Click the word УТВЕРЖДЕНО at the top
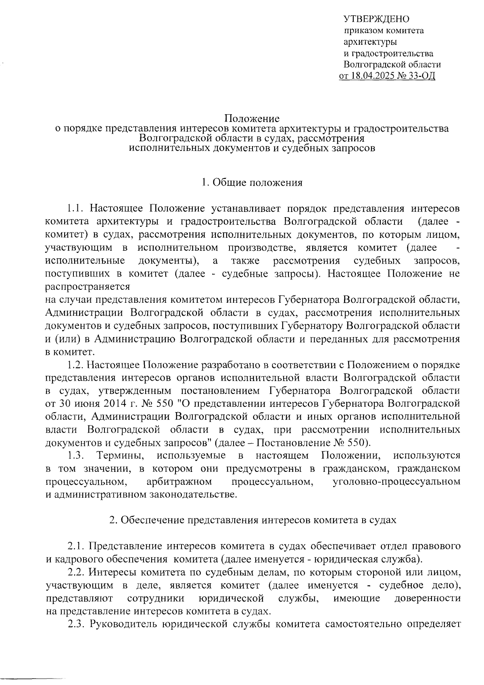tap(376, 19)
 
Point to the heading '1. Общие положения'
tap(252, 183)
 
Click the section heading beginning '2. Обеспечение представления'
tap(253, 520)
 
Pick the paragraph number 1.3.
tap(75, 456)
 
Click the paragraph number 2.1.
tap(75, 547)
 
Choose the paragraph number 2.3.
tap(75, 624)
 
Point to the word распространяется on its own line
tap(88, 287)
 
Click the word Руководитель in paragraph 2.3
tap(123, 624)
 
